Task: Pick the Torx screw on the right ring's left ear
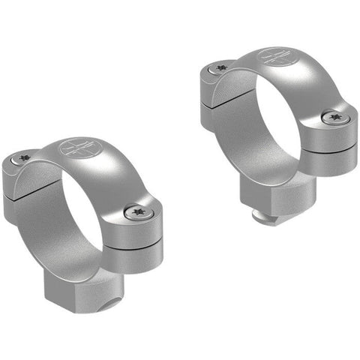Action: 220,68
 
